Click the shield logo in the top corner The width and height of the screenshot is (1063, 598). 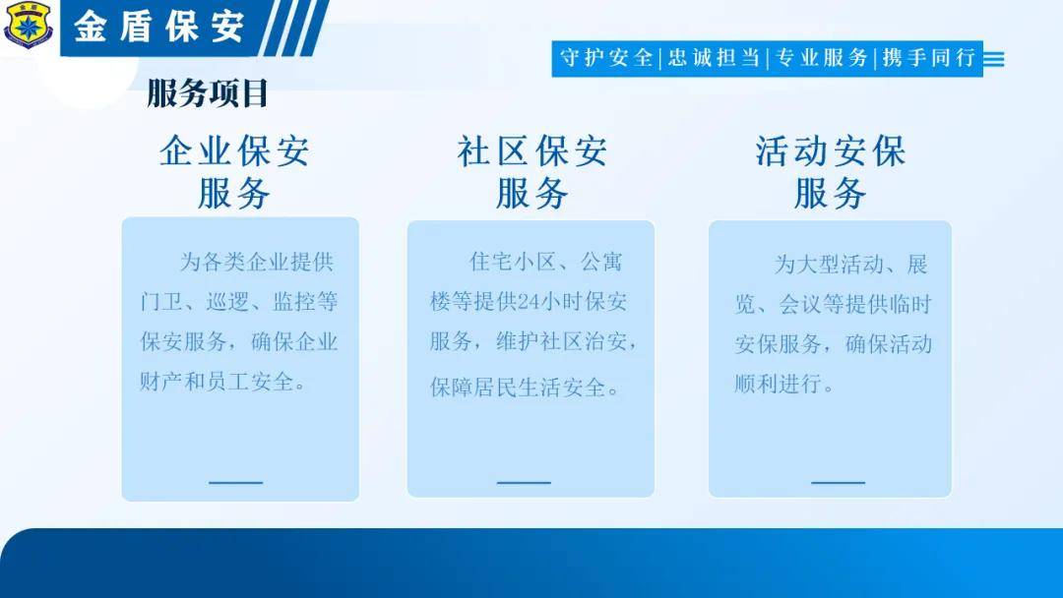(28, 25)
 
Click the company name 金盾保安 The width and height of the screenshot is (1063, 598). (159, 28)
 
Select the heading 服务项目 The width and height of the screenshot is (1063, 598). (208, 93)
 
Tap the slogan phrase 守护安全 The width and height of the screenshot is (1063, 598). (605, 58)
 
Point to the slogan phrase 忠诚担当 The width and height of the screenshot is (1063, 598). (714, 58)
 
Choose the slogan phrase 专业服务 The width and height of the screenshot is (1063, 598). (821, 58)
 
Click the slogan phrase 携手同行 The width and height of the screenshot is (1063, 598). (929, 58)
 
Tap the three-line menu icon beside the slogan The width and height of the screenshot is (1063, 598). (994, 59)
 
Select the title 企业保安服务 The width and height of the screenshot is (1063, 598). (234, 172)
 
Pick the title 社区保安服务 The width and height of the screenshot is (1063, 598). (532, 172)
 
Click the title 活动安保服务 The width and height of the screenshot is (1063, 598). (831, 172)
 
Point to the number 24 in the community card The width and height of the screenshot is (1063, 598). (529, 302)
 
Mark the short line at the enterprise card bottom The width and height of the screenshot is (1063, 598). (235, 483)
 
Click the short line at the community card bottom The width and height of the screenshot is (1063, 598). (524, 483)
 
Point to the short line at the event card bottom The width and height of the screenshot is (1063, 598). (838, 483)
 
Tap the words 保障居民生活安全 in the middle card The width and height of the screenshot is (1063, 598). (518, 388)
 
